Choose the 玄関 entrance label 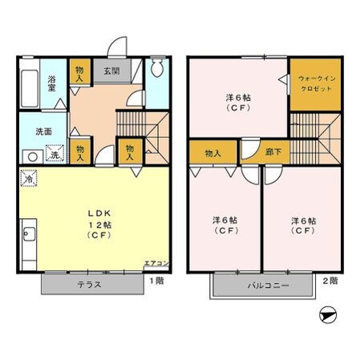tap(110, 71)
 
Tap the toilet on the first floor tap(157, 69)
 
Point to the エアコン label tap(156, 263)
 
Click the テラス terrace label tap(89, 285)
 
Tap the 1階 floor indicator tap(157, 281)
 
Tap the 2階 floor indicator tap(330, 281)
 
